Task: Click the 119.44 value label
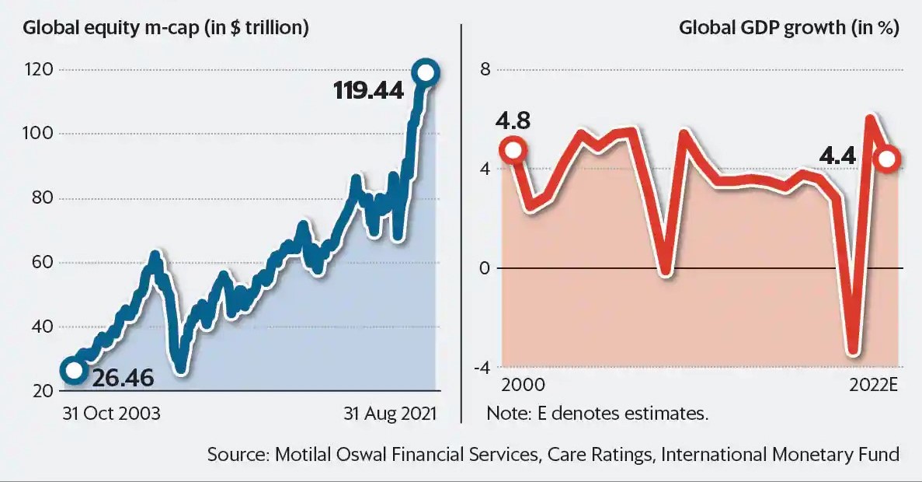[369, 91]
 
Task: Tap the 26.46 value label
[123, 379]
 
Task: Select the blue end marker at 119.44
[426, 72]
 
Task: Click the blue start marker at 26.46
[73, 370]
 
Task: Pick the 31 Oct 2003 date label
[111, 414]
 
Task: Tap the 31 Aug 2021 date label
[391, 414]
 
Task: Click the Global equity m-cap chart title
[166, 29]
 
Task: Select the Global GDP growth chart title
[789, 29]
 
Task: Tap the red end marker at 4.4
[887, 159]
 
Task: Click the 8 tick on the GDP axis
[485, 70]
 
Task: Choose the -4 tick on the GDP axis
[482, 368]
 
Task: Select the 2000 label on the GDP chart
[523, 385]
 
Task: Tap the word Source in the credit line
[236, 454]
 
